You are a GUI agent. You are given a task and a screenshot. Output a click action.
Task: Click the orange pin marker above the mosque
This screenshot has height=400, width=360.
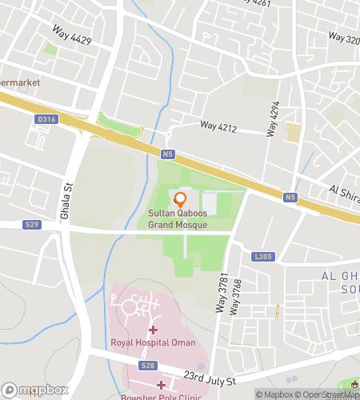tap(180, 199)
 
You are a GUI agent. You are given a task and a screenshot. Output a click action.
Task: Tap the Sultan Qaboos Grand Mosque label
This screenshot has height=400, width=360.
tap(178, 219)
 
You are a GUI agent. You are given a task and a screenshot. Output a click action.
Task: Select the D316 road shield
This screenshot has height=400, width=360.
tap(47, 120)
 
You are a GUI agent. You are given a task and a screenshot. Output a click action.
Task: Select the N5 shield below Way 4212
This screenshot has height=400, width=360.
tap(167, 154)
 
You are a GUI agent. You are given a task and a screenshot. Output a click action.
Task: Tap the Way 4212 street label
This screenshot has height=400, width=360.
tap(219, 126)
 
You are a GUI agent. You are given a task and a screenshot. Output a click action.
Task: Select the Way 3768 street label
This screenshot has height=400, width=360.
tap(235, 296)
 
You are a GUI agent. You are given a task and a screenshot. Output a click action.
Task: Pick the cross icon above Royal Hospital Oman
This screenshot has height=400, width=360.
tap(153, 330)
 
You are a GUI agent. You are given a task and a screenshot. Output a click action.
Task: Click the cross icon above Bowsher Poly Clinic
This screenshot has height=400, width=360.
tap(161, 385)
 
